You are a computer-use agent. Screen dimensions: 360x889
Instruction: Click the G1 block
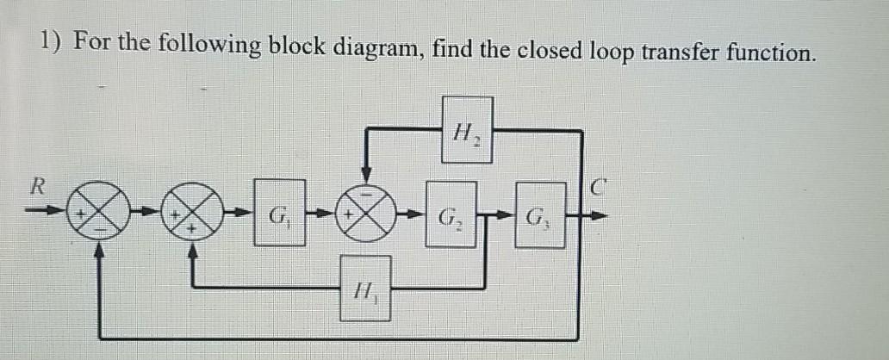point(280,212)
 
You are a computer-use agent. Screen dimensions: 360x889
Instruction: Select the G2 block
point(451,212)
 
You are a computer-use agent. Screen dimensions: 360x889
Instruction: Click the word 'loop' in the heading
point(610,52)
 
